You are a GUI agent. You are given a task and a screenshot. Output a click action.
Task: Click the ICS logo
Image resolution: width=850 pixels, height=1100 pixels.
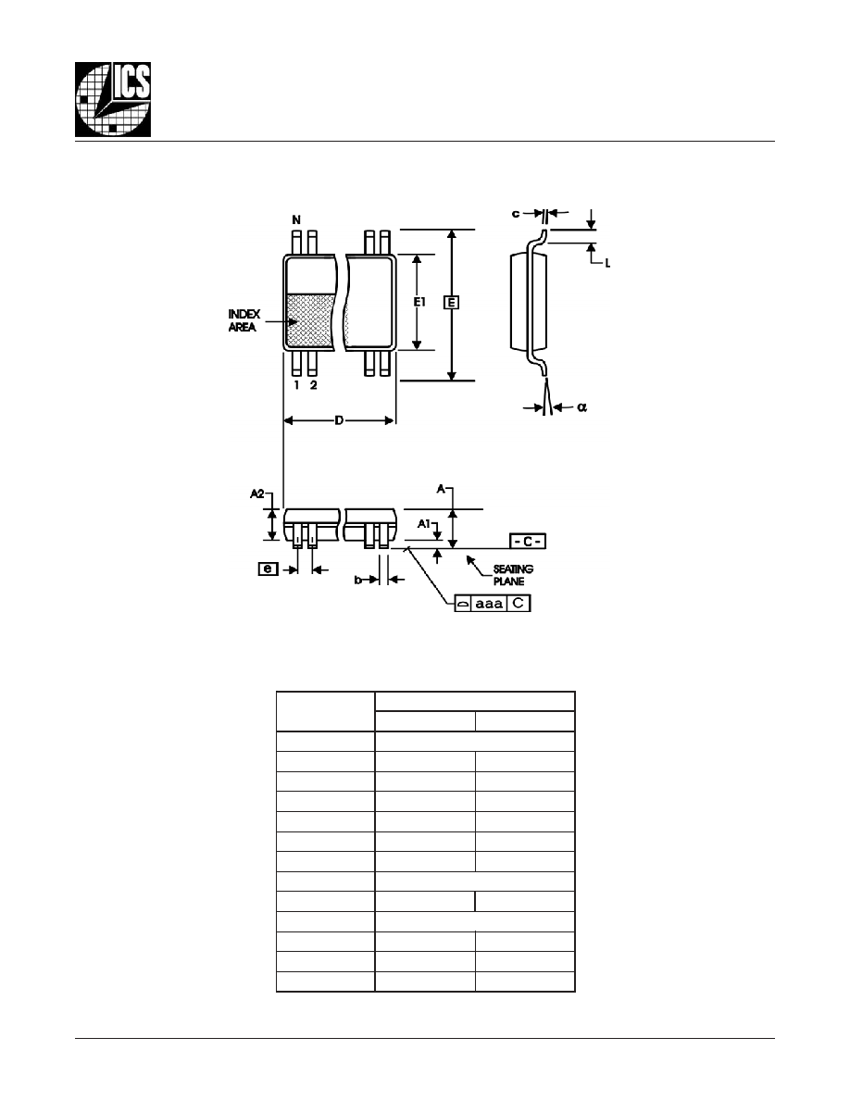tap(113, 100)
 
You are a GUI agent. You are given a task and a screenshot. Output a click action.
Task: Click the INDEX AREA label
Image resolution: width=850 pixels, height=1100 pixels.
tap(244, 320)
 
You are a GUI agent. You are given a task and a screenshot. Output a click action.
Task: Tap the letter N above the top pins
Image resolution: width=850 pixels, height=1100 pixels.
tap(296, 220)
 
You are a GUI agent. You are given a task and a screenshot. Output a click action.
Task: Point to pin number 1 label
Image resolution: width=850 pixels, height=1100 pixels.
tap(296, 385)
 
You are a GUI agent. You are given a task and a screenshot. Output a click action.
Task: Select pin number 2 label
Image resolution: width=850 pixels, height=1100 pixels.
tap(313, 385)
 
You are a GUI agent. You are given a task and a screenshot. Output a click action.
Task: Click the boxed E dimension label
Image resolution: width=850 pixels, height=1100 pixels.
tap(453, 303)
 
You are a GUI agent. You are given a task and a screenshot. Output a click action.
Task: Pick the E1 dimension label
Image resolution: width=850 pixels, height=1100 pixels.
tap(419, 302)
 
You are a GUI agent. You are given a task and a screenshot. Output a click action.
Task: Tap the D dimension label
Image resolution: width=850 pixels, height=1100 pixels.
tap(339, 421)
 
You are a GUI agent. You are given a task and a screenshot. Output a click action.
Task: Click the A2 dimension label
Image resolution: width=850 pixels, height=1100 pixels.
tap(257, 494)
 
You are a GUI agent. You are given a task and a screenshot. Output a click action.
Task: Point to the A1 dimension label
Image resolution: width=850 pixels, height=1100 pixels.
tap(423, 523)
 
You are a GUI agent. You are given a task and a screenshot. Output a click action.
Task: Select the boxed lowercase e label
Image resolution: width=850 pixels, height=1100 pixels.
tap(268, 569)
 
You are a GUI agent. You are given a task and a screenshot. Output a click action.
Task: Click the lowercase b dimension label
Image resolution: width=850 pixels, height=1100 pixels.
tap(357, 580)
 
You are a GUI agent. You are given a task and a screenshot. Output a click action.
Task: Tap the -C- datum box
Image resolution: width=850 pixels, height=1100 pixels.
tap(528, 542)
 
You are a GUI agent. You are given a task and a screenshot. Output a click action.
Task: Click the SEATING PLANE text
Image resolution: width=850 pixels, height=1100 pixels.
tap(513, 575)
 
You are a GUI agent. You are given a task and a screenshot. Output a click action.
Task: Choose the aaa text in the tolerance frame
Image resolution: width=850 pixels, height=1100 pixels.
tap(489, 604)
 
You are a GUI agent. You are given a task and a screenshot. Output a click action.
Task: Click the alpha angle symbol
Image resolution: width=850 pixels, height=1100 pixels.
tap(582, 406)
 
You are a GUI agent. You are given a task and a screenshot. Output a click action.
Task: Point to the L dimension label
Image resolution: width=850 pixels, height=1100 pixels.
tap(607, 264)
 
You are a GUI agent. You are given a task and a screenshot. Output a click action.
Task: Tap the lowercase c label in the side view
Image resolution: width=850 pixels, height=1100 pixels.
tap(516, 213)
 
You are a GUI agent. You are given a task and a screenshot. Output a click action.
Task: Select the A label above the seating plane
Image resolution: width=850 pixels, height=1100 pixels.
tap(441, 489)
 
